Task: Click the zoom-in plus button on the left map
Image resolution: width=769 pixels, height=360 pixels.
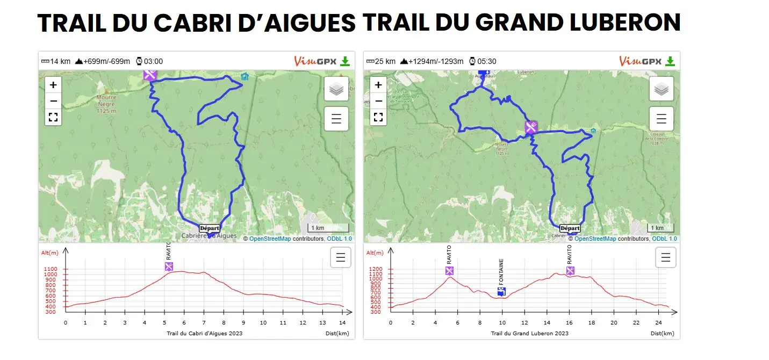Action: (53, 85)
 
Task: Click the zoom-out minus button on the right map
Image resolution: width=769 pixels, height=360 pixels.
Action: (378, 100)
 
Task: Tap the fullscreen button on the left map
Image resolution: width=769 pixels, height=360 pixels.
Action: (53, 117)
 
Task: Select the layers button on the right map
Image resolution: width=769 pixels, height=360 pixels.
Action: (661, 89)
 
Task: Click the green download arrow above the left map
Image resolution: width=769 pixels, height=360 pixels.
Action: (345, 61)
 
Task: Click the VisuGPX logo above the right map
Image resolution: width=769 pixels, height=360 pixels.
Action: (640, 61)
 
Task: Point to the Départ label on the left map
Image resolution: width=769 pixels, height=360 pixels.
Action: (210, 228)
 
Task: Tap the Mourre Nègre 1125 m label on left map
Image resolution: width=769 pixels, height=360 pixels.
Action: (106, 104)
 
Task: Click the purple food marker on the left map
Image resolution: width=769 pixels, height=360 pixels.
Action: (150, 75)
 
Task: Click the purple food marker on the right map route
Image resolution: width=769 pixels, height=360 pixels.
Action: (531, 127)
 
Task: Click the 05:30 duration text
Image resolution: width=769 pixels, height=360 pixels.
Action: (487, 61)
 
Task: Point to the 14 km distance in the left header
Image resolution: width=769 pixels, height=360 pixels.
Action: (60, 61)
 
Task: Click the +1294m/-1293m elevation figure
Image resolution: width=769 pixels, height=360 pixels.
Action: (436, 61)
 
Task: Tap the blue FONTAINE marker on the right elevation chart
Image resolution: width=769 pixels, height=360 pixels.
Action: (501, 292)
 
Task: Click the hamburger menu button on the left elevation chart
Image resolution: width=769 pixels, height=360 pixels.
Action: (340, 257)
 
